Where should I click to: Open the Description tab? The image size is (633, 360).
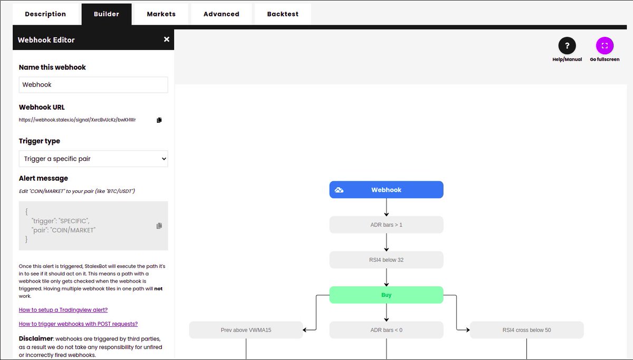[45, 14]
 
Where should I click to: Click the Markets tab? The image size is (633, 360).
[161, 14]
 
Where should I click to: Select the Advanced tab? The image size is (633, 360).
[221, 14]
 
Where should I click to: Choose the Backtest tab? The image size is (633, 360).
[283, 14]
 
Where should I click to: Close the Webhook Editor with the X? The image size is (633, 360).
[167, 39]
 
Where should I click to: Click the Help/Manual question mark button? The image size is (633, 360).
[567, 45]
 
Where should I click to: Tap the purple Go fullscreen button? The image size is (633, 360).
[605, 45]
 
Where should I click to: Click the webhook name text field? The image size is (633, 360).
[93, 85]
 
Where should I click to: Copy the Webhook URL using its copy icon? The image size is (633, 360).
[159, 120]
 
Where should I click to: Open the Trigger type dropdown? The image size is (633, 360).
[93, 159]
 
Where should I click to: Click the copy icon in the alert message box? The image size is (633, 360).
[159, 226]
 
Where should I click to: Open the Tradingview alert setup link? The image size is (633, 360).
[63, 310]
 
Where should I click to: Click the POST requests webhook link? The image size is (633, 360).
[78, 324]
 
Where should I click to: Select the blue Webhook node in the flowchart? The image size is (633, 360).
[386, 190]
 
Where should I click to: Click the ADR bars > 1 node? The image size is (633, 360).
[386, 225]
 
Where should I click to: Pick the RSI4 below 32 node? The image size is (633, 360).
[386, 260]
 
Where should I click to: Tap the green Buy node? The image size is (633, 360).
[386, 295]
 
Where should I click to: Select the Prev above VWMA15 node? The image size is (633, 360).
[246, 330]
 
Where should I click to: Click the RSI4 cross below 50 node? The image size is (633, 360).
[527, 330]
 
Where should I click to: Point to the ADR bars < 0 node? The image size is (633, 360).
[386, 330]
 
